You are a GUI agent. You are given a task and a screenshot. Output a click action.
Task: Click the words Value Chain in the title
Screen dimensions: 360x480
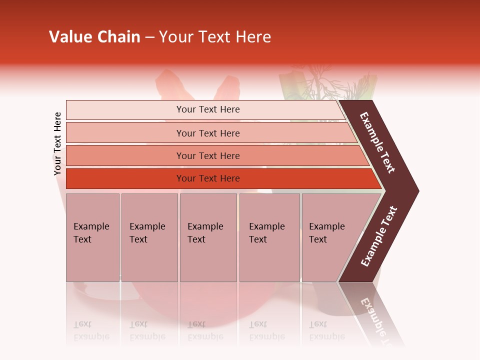point(94,37)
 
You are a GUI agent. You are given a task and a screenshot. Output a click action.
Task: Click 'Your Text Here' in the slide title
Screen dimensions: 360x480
point(215,37)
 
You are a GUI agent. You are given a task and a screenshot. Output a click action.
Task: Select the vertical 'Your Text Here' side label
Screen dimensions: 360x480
point(57,144)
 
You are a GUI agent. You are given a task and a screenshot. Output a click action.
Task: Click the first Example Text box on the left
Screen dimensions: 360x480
point(92,237)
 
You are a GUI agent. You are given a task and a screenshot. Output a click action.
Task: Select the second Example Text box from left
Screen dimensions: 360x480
point(149,237)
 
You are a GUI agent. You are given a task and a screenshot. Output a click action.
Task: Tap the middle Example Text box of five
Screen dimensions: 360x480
point(208,237)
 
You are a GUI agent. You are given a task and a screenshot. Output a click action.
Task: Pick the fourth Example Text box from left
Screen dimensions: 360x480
point(269,237)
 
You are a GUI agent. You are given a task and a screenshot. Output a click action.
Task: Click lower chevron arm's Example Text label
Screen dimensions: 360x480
point(379,236)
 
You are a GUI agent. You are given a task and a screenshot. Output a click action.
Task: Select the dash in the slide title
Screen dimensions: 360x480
point(149,37)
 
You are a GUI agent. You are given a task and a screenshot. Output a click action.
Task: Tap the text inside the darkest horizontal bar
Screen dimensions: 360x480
point(208,178)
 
